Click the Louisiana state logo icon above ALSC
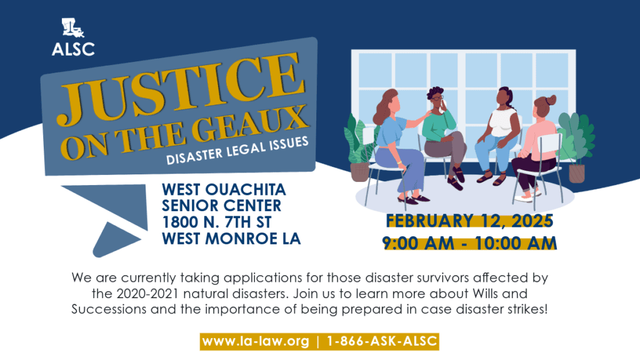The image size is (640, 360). pyautogui.click(x=72, y=27)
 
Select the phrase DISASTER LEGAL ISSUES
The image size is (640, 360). pyautogui.click(x=237, y=151)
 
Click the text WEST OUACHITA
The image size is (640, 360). pyautogui.click(x=224, y=190)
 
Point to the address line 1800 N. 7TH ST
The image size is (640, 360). pyautogui.click(x=217, y=222)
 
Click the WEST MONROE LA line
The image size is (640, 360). pyautogui.click(x=231, y=239)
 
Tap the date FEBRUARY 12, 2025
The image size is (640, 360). pyautogui.click(x=469, y=221)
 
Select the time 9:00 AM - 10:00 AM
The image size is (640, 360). pyautogui.click(x=469, y=243)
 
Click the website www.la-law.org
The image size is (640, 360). pyautogui.click(x=256, y=341)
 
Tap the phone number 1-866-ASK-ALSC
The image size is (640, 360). pyautogui.click(x=382, y=341)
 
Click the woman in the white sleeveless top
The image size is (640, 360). pyautogui.click(x=498, y=136)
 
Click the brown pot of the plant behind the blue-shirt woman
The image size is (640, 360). pyautogui.click(x=359, y=172)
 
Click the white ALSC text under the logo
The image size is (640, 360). pyautogui.click(x=73, y=49)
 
